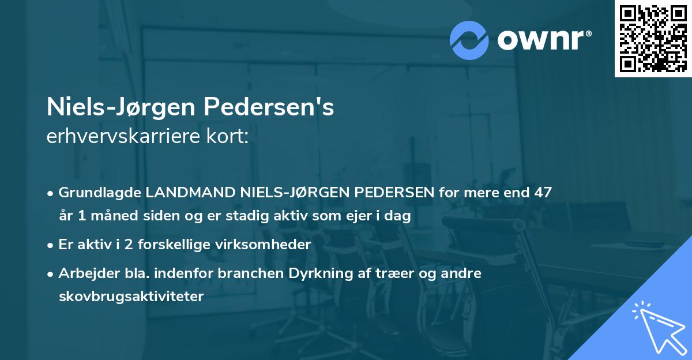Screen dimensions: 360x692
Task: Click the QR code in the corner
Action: [652, 39]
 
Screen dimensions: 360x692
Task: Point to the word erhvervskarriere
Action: [118, 136]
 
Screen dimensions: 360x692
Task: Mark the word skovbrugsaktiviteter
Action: [131, 297]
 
